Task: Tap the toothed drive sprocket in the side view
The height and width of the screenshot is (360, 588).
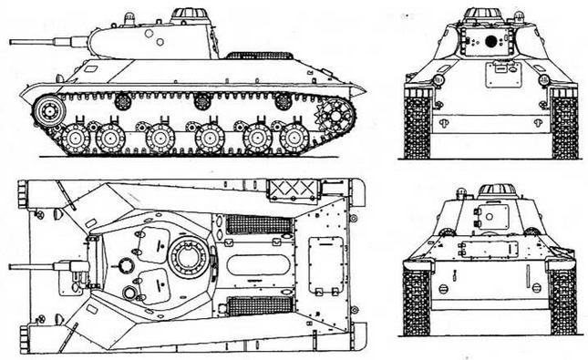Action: pos(334,117)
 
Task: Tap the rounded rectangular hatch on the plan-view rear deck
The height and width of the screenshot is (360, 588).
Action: pos(326,264)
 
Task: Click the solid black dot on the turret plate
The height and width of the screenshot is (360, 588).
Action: pos(491,42)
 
